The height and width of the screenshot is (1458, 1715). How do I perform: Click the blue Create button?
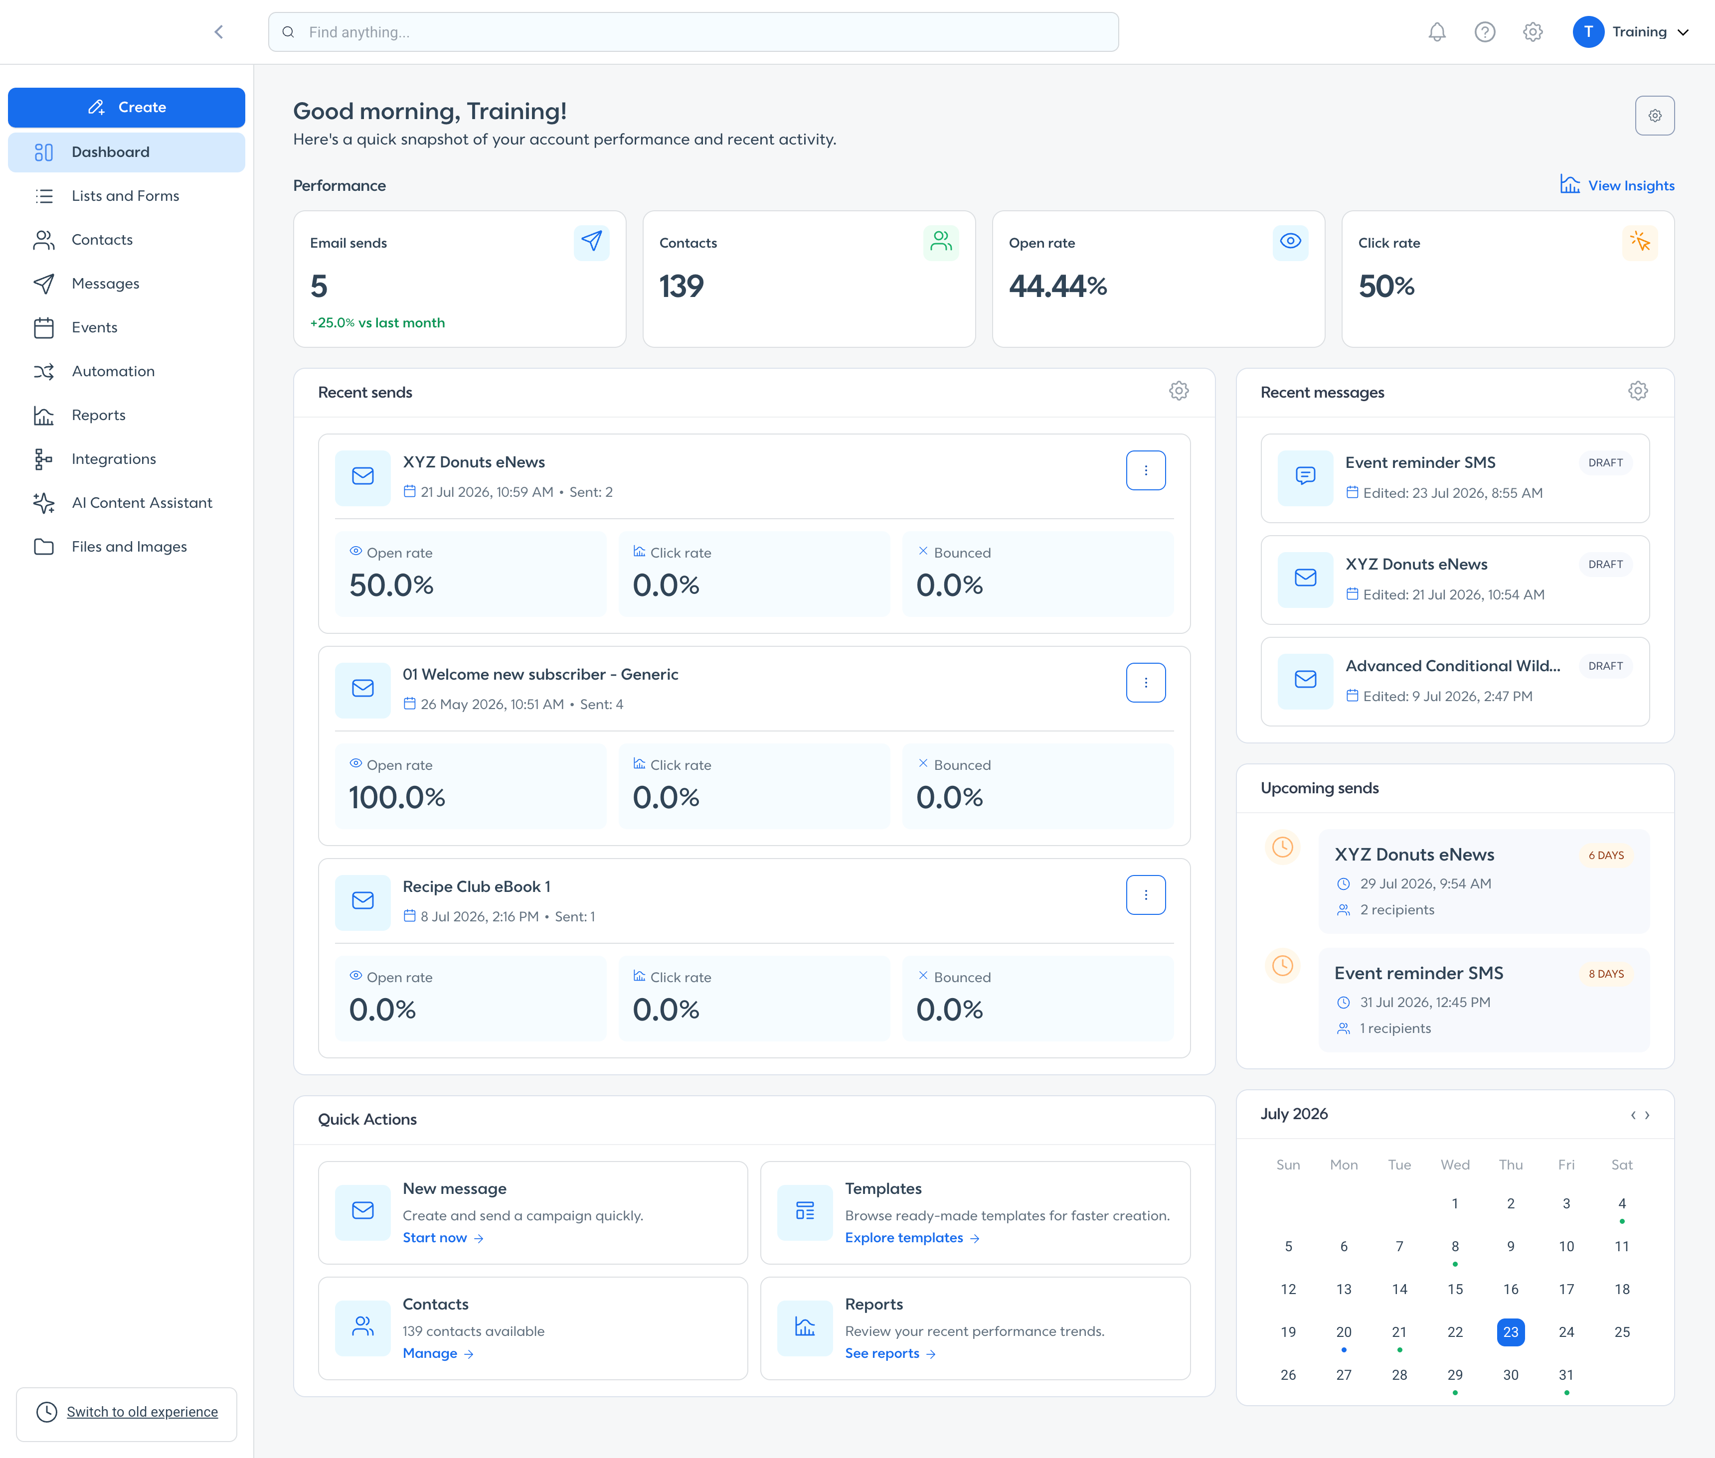click(x=127, y=108)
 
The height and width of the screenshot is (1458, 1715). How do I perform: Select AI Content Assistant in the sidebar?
click(x=142, y=503)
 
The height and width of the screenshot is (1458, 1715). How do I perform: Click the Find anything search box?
click(x=693, y=32)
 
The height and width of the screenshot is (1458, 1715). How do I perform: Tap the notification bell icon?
click(x=1437, y=32)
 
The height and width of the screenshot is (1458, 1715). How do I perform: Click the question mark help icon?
click(x=1485, y=32)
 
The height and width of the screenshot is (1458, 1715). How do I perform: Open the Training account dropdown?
click(x=1631, y=32)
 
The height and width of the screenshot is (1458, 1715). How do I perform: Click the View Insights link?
click(x=1617, y=185)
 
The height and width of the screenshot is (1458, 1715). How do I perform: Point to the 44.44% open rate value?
click(x=1057, y=286)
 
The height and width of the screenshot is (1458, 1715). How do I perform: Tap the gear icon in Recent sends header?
click(x=1179, y=391)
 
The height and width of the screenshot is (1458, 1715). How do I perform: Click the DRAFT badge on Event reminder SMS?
click(x=1606, y=463)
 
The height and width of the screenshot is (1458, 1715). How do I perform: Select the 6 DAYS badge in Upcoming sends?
click(x=1606, y=856)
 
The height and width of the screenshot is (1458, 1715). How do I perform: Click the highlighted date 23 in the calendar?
click(x=1511, y=1331)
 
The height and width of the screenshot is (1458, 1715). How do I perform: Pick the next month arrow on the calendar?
click(x=1647, y=1115)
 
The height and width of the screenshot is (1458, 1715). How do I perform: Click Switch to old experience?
click(x=142, y=1412)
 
